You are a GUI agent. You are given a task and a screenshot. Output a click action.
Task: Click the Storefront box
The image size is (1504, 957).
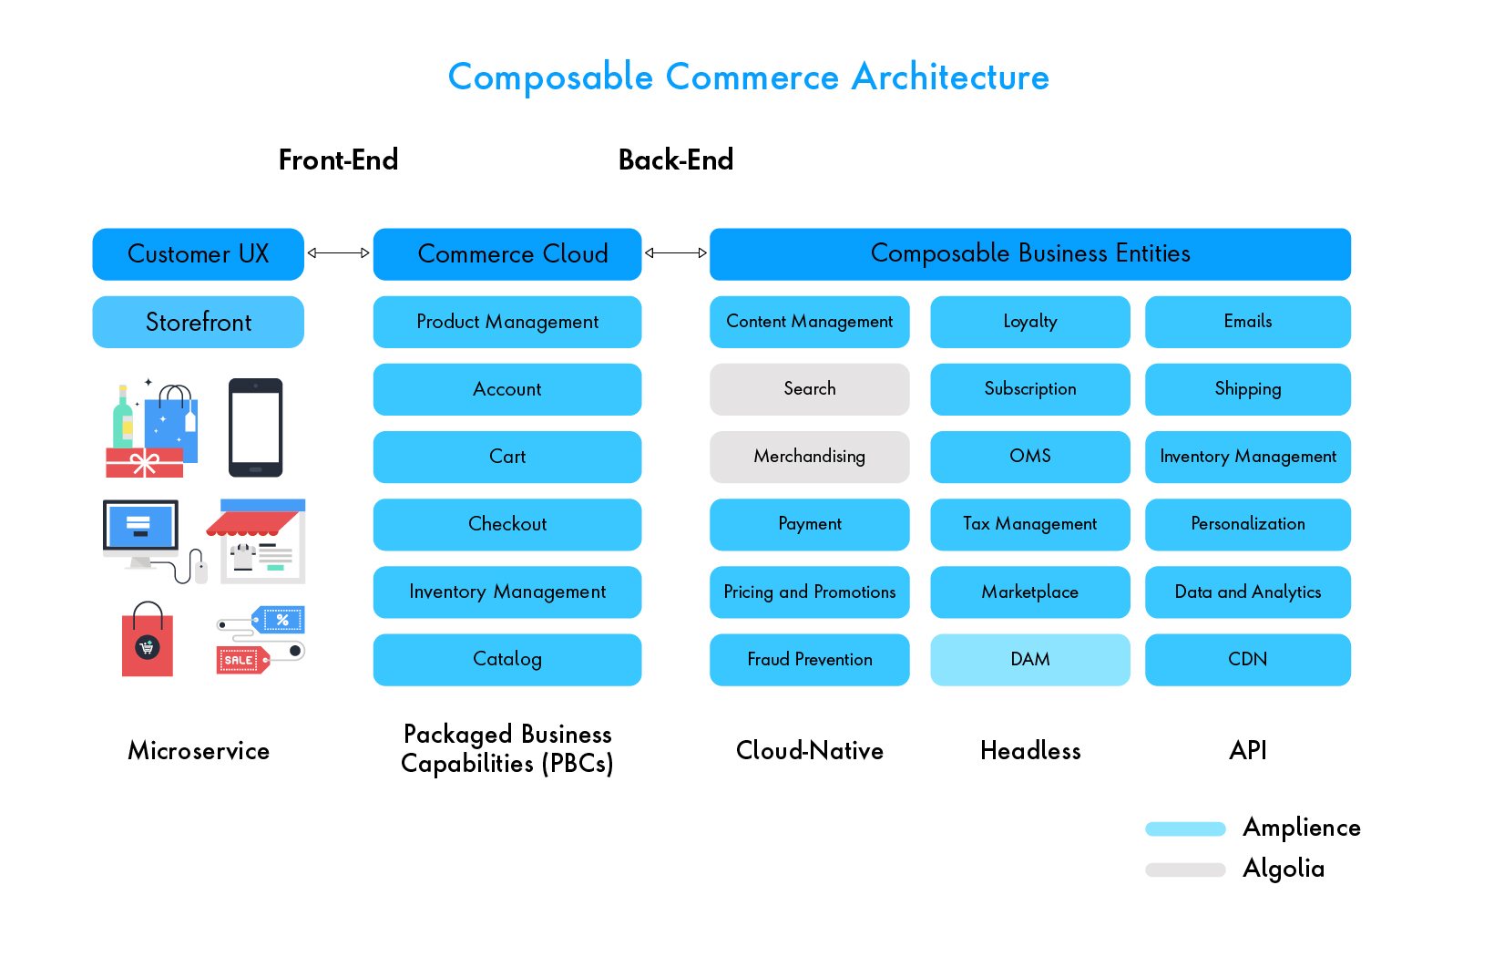[198, 322]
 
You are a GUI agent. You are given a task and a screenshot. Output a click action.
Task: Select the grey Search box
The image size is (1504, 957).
[809, 389]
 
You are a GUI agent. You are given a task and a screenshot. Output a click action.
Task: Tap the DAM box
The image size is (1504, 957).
[1029, 659]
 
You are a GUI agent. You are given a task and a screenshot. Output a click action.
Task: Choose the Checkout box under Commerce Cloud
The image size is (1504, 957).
[506, 524]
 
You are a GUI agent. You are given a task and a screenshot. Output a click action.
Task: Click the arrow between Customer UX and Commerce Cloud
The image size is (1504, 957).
[338, 253]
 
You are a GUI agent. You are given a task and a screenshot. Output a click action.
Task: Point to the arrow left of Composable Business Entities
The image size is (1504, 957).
[675, 253]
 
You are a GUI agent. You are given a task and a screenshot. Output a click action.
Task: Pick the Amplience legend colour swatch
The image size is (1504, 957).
[1185, 828]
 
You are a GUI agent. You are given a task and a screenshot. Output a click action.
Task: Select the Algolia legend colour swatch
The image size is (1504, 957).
[1185, 870]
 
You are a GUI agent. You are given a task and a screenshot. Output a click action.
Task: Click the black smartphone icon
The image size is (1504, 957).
[255, 427]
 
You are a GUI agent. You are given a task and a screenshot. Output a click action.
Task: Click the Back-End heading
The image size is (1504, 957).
[675, 160]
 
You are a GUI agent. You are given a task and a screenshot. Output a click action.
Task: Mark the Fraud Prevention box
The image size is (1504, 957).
[809, 659]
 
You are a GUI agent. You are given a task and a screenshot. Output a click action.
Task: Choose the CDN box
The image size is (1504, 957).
[1247, 659]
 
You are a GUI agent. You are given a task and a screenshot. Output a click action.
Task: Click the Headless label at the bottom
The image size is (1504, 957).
[1029, 751]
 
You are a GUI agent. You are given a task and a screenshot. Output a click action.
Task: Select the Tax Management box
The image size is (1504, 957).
[1029, 524]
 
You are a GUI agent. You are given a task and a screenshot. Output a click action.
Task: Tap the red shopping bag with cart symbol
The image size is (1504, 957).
[148, 643]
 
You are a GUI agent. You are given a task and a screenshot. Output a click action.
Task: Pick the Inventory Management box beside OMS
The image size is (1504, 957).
[1247, 457]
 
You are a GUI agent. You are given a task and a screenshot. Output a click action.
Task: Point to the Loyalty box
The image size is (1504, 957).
[1029, 322]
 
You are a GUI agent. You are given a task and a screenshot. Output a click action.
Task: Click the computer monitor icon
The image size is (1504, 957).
[141, 531]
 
